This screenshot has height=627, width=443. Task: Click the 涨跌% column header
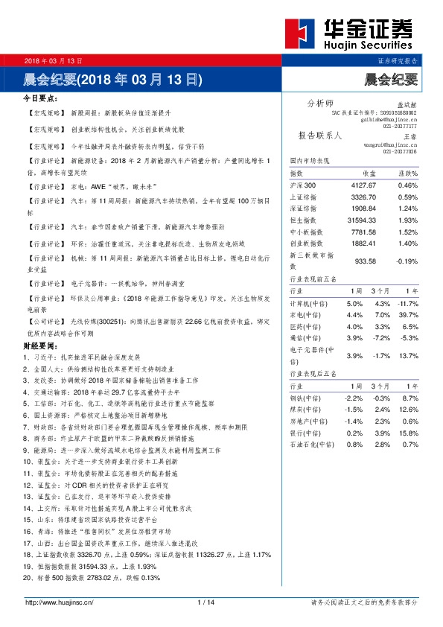click(407, 173)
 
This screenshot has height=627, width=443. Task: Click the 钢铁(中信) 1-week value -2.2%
click(354, 399)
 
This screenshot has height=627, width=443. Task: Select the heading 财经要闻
click(40, 346)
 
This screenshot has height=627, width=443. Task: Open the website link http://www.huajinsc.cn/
click(59, 602)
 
